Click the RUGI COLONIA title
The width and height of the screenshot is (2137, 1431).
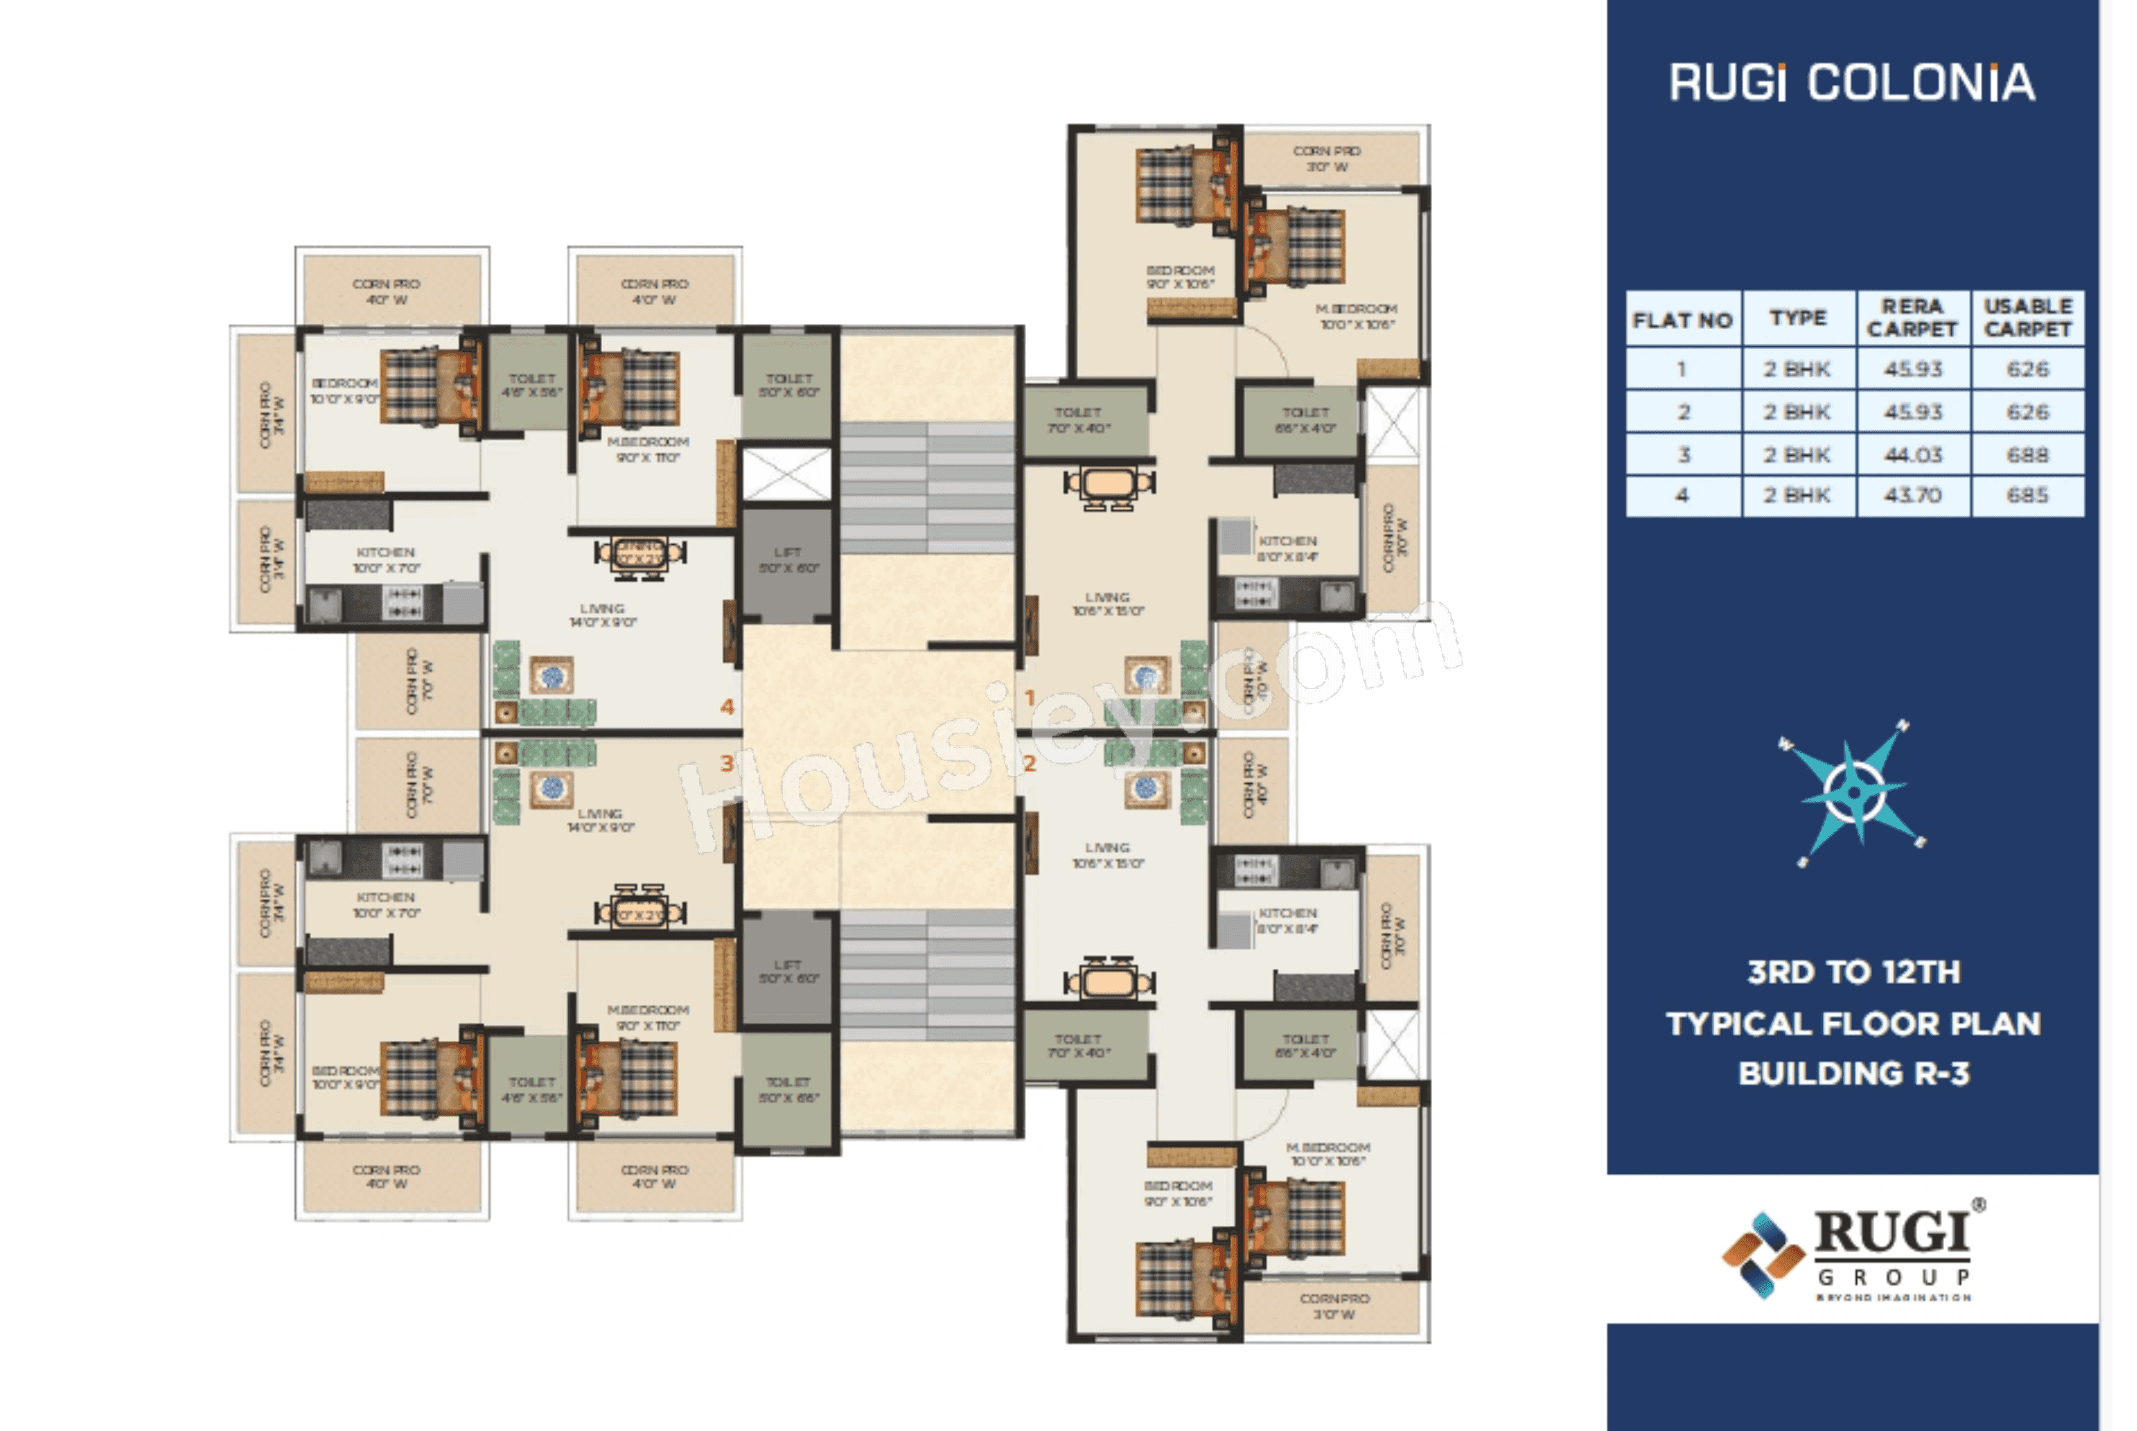point(1851,83)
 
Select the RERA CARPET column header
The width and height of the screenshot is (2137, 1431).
point(1912,317)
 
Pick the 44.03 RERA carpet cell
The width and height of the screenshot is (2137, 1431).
point(1912,454)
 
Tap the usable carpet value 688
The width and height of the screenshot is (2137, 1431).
point(2027,454)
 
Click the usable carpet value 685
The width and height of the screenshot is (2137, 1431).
point(2027,495)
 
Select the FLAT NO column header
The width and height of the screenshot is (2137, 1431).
point(1683,320)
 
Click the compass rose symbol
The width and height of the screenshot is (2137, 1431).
point(1853,791)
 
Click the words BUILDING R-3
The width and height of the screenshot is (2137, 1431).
point(1853,1073)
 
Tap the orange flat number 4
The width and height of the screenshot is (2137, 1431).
point(726,706)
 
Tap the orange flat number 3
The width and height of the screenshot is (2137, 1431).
point(726,763)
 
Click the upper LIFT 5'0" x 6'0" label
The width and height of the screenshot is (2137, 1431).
point(788,559)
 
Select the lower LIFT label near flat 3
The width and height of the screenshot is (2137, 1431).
point(788,971)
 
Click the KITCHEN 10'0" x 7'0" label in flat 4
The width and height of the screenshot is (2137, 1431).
point(386,559)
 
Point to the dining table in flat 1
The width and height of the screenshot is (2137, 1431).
point(1108,484)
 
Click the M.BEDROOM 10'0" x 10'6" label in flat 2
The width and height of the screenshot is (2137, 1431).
point(1327,1154)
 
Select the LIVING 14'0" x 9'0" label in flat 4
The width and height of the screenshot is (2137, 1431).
point(602,614)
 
